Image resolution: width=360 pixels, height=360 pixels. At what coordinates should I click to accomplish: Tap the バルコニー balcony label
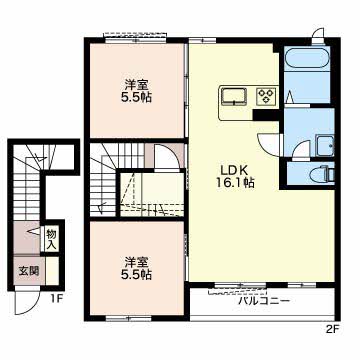coord(264,302)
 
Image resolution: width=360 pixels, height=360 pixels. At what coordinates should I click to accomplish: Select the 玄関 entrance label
coord(29,271)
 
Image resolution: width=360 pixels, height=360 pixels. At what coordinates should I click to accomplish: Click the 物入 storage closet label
coord(52,239)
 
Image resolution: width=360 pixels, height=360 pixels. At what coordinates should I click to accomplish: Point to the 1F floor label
coord(57,299)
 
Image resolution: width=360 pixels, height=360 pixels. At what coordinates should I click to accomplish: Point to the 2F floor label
coord(332,329)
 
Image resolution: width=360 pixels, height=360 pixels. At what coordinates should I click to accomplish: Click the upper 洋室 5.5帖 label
coord(137,90)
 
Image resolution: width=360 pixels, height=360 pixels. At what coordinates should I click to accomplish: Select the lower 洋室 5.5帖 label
coord(137,267)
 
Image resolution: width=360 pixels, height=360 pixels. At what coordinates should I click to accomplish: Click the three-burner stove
coord(267,95)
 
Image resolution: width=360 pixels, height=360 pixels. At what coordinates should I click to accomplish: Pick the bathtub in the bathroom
coord(307,59)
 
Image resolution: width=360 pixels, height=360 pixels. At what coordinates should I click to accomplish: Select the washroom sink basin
coord(325,146)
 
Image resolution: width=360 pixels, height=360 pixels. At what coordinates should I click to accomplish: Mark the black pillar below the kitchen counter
coord(266,115)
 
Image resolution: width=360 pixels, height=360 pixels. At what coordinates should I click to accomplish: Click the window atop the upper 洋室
coord(136,40)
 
